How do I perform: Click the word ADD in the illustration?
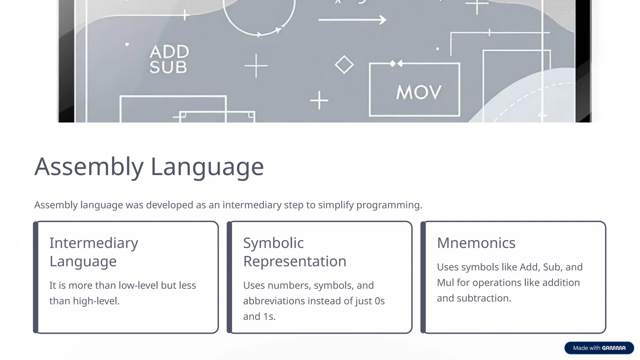[x=169, y=52]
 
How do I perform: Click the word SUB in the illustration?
[x=168, y=67]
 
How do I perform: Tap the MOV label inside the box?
[x=419, y=92]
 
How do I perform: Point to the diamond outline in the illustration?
[x=344, y=65]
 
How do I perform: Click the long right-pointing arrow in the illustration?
[x=352, y=20]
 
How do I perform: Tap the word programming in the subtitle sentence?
[x=389, y=205]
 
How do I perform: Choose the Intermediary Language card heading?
[x=94, y=252]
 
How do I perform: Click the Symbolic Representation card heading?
[x=295, y=252]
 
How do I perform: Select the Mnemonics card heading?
[x=476, y=243]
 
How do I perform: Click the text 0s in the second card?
[x=379, y=301]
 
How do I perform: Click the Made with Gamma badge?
[x=599, y=348]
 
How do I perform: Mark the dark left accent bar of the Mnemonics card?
[x=423, y=277]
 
